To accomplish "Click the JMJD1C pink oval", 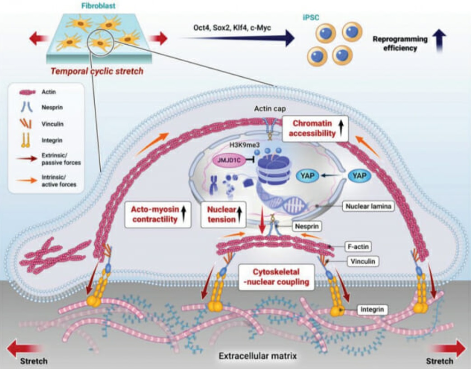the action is [x=229, y=160].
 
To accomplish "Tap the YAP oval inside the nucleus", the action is [x=307, y=176].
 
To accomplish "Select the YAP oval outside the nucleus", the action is [x=359, y=176].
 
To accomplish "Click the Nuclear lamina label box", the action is [x=368, y=206].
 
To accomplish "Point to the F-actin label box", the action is [x=358, y=247].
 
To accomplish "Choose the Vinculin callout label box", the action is [x=363, y=262].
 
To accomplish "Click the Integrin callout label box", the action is [x=372, y=309].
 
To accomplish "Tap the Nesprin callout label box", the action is [x=307, y=226].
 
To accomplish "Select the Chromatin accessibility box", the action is [x=315, y=128].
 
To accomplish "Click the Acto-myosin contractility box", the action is [x=158, y=214].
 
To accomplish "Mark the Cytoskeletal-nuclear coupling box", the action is [x=276, y=277].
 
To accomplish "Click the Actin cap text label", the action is [x=270, y=108].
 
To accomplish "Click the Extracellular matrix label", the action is [x=258, y=356].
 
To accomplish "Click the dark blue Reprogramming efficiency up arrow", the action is [x=439, y=41].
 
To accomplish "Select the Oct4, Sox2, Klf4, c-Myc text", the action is [x=232, y=28].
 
